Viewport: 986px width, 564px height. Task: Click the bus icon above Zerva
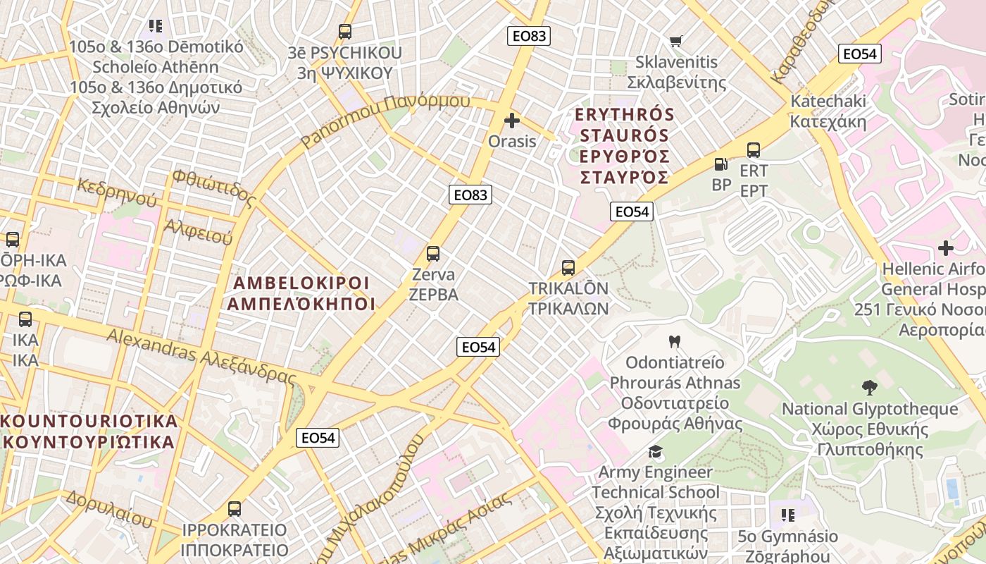click(x=433, y=254)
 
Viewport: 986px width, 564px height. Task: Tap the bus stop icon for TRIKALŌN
click(x=568, y=268)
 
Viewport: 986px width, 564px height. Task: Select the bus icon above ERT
click(x=754, y=149)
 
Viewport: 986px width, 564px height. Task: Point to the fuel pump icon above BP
click(x=721, y=164)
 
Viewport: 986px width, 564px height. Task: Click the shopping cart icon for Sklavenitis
click(x=676, y=41)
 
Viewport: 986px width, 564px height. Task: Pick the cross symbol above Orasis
click(x=512, y=121)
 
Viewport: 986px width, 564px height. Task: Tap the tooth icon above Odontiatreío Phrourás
click(x=674, y=342)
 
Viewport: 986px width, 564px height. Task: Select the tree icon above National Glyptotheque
click(x=870, y=387)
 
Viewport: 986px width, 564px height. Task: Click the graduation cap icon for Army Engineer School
click(x=656, y=451)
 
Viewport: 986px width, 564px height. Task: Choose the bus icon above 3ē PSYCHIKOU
click(x=344, y=32)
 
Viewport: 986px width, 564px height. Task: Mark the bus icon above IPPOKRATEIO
click(x=235, y=508)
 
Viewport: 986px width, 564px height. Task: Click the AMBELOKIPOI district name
click(x=301, y=293)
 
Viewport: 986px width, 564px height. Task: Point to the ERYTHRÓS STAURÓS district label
click(x=624, y=145)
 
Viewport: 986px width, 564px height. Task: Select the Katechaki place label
click(x=828, y=111)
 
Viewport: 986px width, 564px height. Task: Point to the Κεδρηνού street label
click(x=118, y=192)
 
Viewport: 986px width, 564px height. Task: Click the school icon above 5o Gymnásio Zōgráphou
click(x=787, y=515)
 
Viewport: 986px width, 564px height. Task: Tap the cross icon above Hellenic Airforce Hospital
click(x=946, y=248)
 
